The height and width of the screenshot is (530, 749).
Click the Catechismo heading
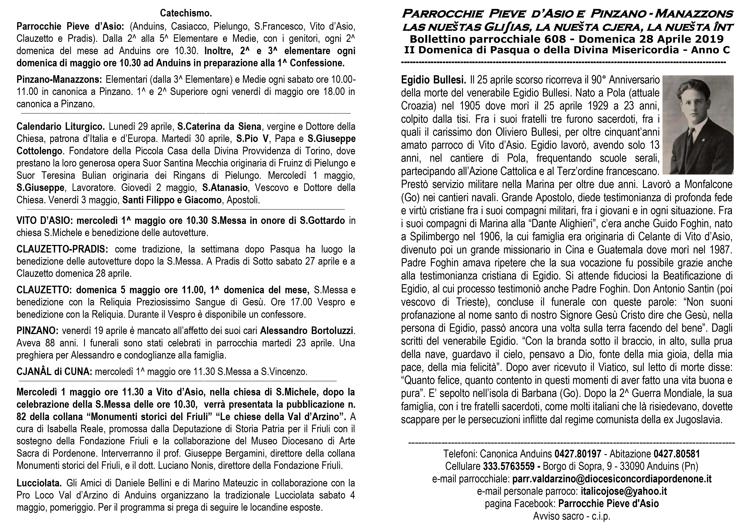point(186,13)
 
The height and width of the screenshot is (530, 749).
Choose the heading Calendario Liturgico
point(61,126)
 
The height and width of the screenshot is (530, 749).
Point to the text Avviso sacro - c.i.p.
point(571,516)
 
